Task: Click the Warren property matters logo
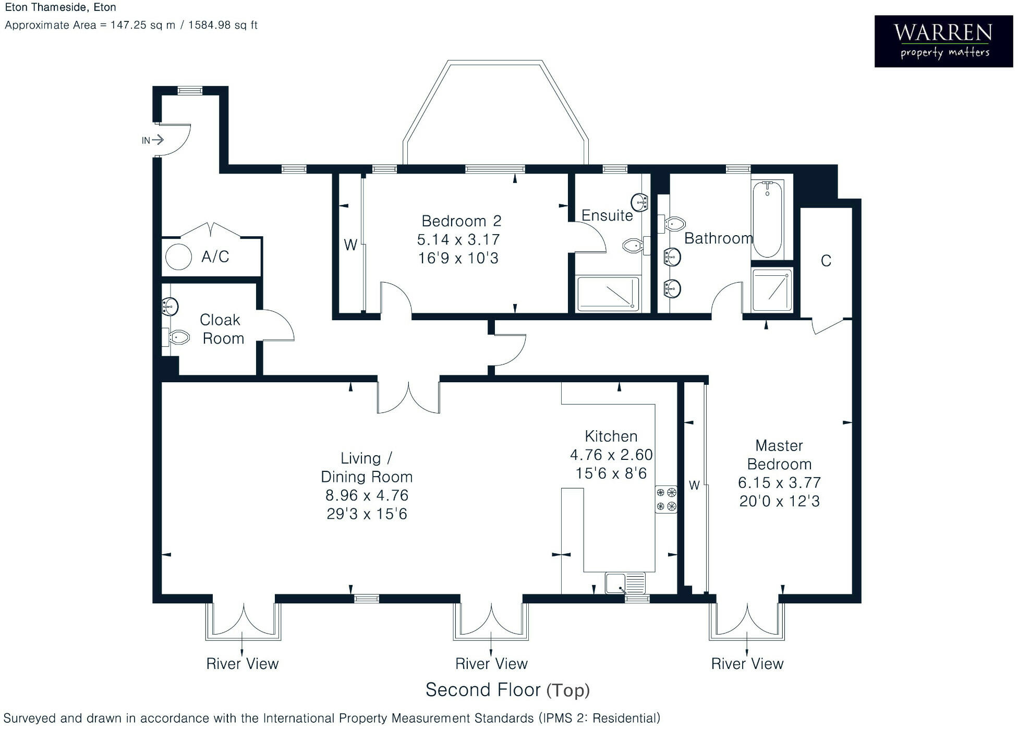[x=943, y=41]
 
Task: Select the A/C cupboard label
[x=215, y=257]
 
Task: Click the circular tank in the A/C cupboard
[x=178, y=257]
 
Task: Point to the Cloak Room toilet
[x=178, y=337]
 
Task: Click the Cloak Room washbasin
[x=170, y=306]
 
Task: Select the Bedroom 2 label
[x=461, y=221]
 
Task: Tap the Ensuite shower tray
[x=608, y=294]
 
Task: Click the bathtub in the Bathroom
[x=767, y=219]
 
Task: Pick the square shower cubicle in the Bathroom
[x=772, y=290]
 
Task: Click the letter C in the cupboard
[x=826, y=261]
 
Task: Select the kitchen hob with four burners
[x=666, y=499]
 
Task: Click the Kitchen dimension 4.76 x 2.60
[x=611, y=455]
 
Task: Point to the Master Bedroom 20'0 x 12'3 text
[x=779, y=501]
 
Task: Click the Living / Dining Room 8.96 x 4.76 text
[x=367, y=495]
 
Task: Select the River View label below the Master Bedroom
[x=747, y=664]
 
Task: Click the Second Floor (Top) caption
[x=507, y=690]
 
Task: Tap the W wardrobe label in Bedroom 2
[x=350, y=245]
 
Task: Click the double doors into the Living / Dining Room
[x=408, y=397]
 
